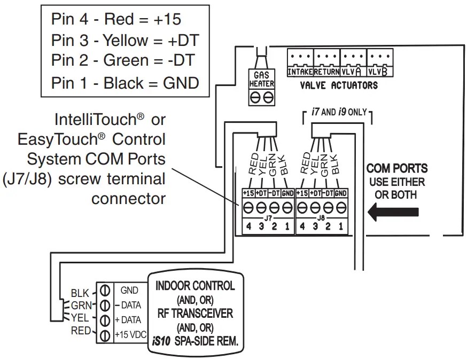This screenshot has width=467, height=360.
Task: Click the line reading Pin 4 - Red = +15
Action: click(116, 20)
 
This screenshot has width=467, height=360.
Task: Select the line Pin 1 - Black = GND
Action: click(125, 83)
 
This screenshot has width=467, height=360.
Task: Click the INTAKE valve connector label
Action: click(300, 71)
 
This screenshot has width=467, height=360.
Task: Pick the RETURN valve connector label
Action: click(326, 71)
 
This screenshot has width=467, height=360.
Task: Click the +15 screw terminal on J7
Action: click(248, 207)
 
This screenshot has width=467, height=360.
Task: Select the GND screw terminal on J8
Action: click(342, 207)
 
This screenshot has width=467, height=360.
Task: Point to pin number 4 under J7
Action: click(248, 226)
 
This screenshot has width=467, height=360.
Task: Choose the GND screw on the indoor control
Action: click(105, 291)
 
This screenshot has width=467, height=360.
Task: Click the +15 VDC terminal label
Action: click(128, 335)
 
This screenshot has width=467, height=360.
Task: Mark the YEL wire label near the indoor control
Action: click(80, 319)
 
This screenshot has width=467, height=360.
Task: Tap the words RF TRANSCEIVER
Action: click(194, 314)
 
